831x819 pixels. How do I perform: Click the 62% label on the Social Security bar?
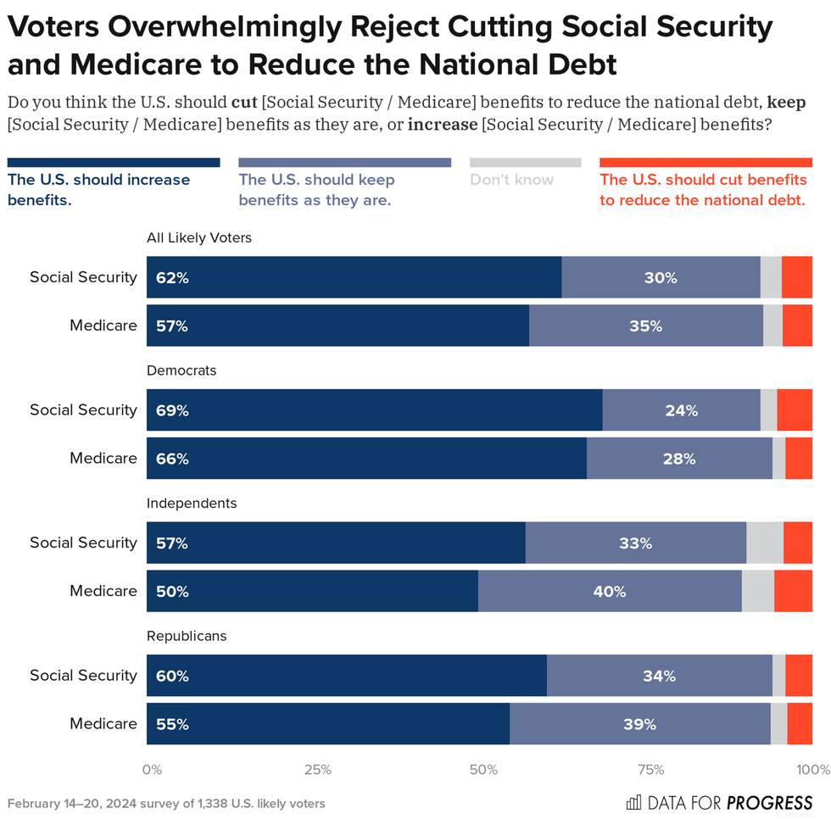click(172, 277)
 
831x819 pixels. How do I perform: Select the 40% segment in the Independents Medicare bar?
click(610, 591)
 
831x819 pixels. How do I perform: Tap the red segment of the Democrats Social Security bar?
click(795, 410)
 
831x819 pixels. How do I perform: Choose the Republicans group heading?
click(187, 636)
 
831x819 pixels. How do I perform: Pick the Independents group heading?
click(192, 503)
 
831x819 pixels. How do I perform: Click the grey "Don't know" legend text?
click(511, 180)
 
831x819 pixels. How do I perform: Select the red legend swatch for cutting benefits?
click(706, 162)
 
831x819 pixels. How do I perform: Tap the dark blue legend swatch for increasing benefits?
click(114, 162)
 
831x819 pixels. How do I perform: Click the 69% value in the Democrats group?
click(172, 410)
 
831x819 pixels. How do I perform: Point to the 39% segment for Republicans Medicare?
click(639, 724)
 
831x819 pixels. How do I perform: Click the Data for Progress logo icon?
click(633, 803)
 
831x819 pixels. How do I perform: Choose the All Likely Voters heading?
click(199, 238)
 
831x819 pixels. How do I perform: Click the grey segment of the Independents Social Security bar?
click(765, 543)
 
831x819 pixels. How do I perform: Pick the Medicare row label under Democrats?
click(103, 459)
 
